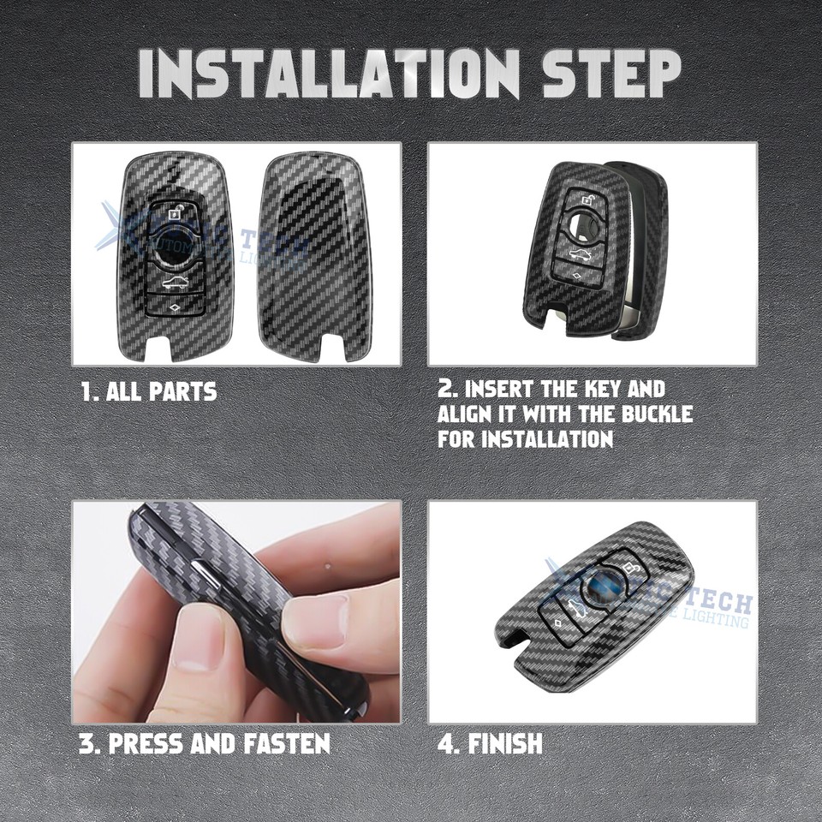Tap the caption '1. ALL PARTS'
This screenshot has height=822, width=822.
(x=148, y=392)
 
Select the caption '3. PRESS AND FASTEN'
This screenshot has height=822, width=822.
(x=205, y=742)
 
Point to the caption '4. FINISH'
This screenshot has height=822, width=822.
(x=490, y=742)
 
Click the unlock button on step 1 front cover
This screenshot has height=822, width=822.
(x=176, y=214)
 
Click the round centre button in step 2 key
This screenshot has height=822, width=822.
(x=585, y=229)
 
